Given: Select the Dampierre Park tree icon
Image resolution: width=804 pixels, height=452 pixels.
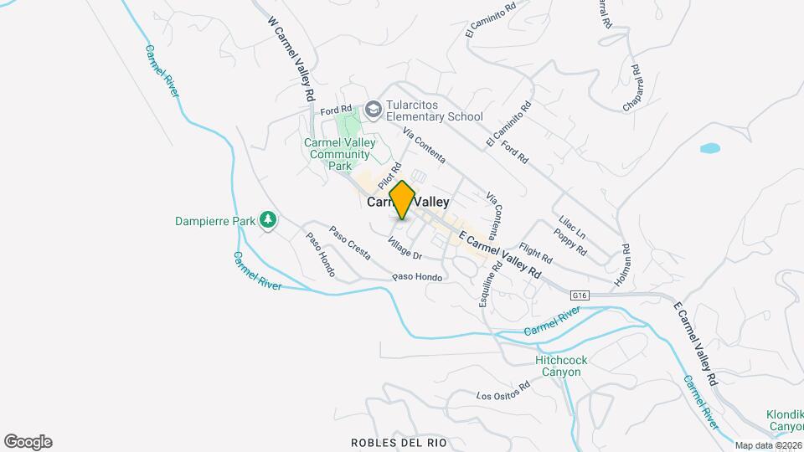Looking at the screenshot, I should coord(268,220).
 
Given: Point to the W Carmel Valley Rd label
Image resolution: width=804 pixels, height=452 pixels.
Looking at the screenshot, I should coord(291,59).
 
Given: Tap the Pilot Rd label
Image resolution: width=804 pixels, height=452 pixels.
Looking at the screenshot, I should coord(389,176).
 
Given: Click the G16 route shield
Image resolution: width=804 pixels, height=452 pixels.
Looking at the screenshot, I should coord(581,295).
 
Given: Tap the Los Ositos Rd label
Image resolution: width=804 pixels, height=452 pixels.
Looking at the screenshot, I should coord(502,391).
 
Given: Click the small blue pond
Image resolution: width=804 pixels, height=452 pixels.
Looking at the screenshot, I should coord(709,148).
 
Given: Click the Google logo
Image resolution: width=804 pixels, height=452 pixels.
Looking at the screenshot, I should coord(28,442).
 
